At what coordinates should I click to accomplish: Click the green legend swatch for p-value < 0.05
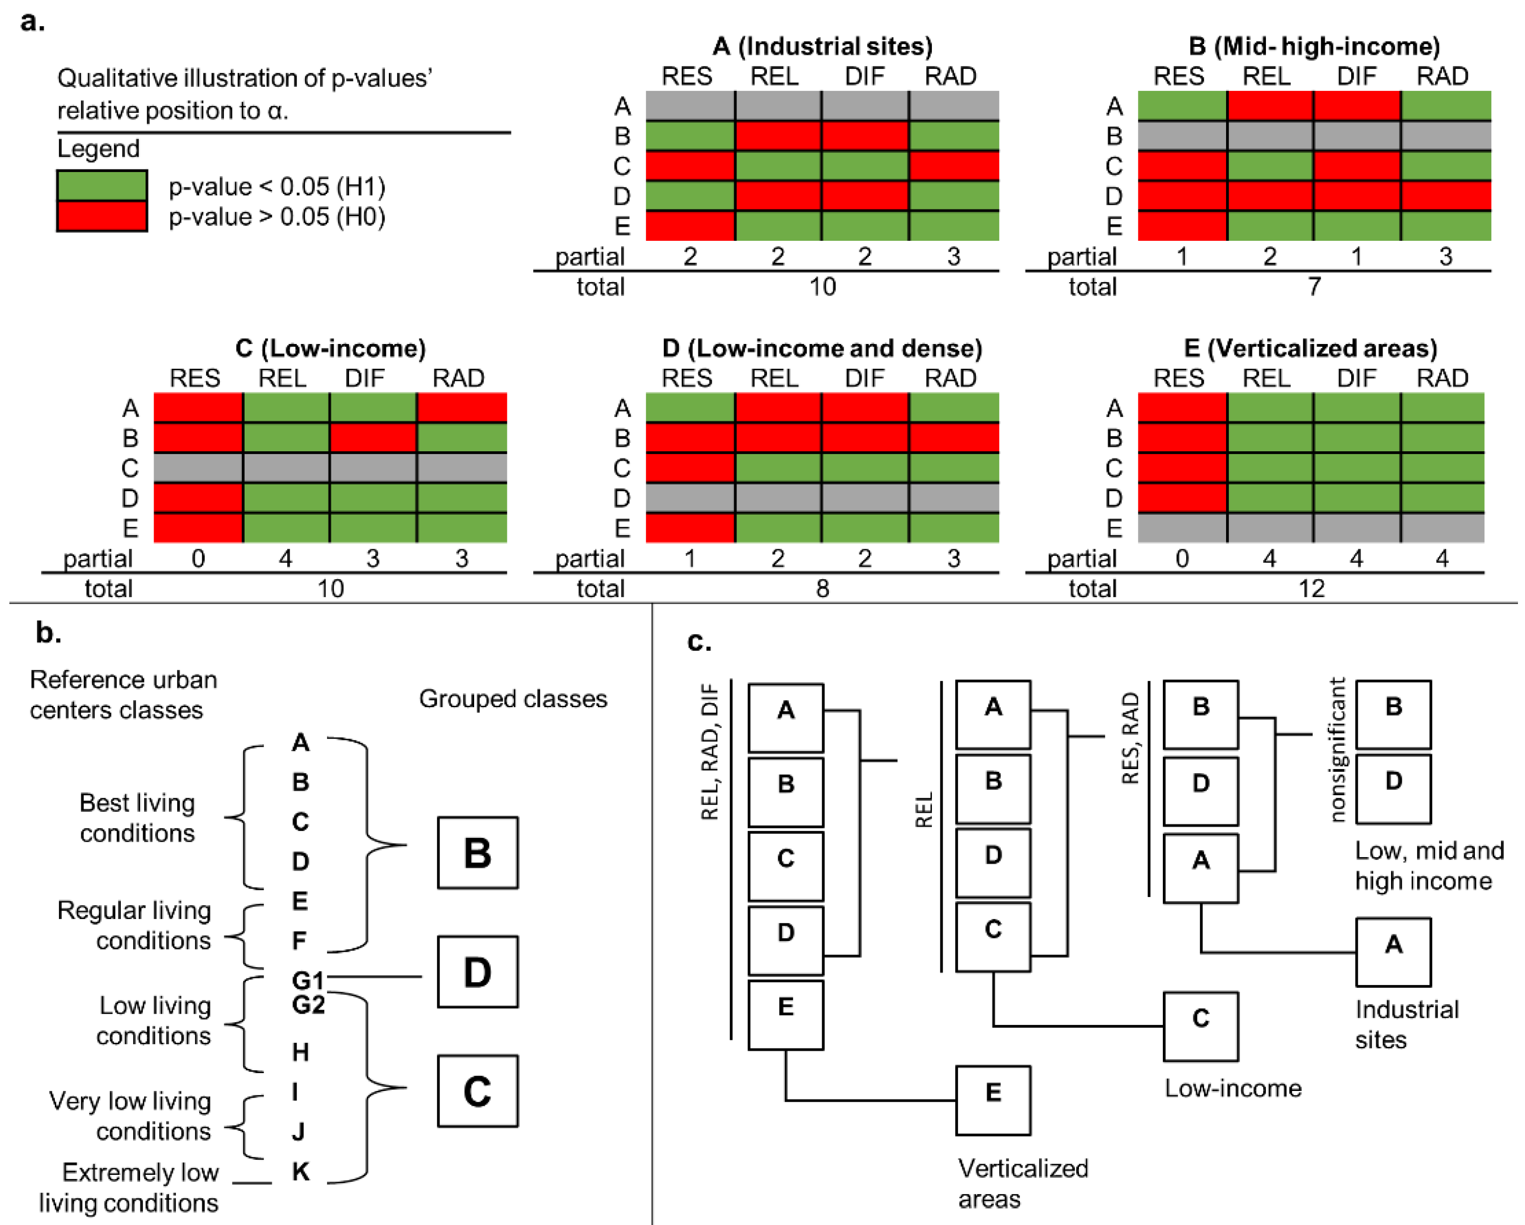click(x=102, y=186)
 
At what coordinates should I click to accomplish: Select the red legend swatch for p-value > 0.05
click(x=102, y=216)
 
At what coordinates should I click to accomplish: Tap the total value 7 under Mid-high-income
click(x=1314, y=287)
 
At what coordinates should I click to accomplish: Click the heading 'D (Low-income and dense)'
click(x=822, y=348)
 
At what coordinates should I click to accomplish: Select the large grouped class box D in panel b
click(x=477, y=971)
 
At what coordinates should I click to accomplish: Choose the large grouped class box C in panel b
click(x=477, y=1091)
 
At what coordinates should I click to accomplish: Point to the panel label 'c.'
click(x=699, y=641)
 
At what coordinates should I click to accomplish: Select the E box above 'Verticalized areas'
click(x=992, y=1100)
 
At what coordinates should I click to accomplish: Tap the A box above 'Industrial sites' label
click(x=1393, y=952)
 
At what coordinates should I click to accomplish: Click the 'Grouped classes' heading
click(x=513, y=698)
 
